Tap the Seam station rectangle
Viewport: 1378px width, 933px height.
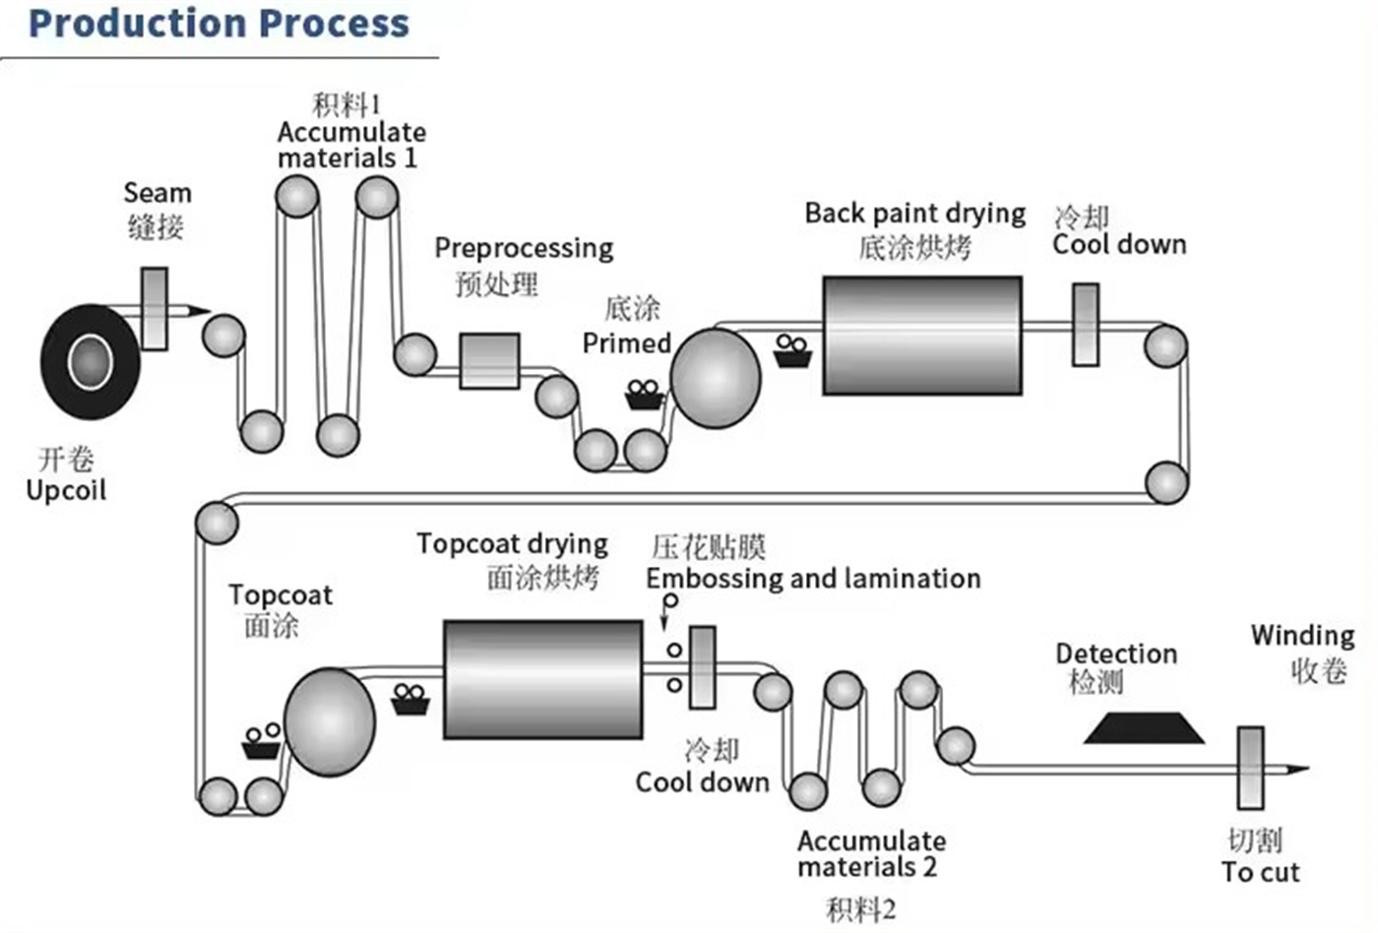pos(155,309)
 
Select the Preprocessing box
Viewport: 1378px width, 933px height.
pos(490,361)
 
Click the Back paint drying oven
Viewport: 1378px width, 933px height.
pos(922,336)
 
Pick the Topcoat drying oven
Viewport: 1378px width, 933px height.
pos(543,680)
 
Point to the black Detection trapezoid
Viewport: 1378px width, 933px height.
pos(1144,729)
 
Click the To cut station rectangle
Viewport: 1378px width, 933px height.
pos(1251,769)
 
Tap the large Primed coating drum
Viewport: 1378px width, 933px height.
pos(716,378)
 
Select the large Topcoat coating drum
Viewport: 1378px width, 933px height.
pos(330,722)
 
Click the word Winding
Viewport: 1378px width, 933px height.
pos(1303,637)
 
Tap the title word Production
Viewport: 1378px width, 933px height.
pos(138,24)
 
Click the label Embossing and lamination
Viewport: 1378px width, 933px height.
pos(813,580)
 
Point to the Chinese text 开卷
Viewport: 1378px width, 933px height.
pos(66,460)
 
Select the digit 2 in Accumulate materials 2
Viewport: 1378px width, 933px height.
pos(929,867)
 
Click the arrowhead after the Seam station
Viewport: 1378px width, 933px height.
pos(200,311)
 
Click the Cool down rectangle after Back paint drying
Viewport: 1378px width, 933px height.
pos(1086,325)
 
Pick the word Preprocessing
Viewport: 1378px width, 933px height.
pos(524,249)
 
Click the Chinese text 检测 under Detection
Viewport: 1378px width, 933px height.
pos(1096,682)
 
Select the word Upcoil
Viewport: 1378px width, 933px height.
pos(67,491)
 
